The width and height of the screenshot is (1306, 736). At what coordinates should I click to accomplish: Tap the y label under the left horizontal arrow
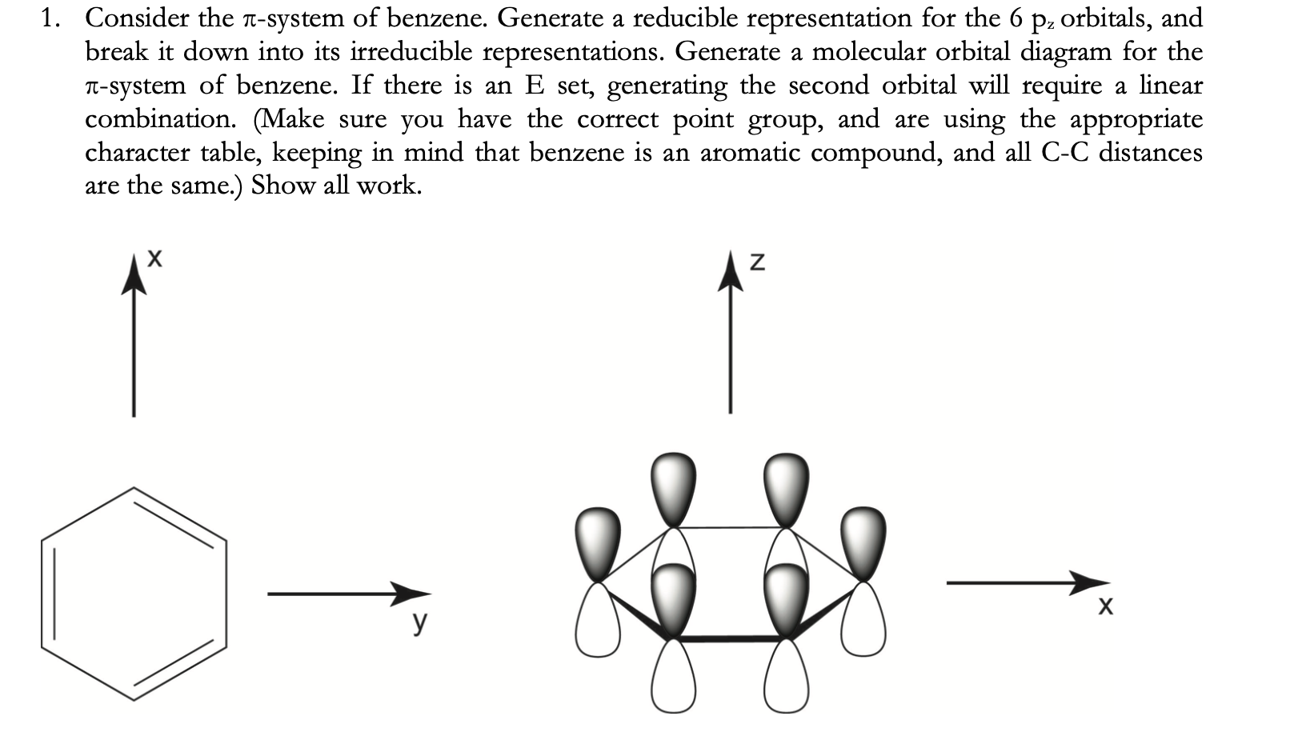pos(420,622)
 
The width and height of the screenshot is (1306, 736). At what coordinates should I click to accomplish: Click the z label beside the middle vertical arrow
pos(758,261)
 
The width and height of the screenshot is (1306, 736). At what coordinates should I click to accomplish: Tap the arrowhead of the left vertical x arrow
pos(133,280)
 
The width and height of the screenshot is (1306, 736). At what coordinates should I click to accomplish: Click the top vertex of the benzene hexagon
pos(133,488)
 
